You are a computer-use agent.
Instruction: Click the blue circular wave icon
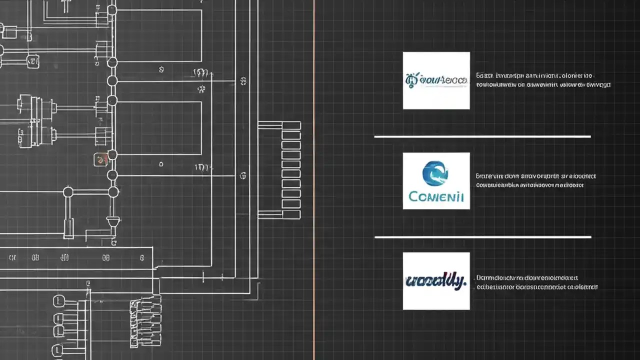coord(435,173)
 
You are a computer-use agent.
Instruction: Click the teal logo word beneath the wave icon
coord(436,196)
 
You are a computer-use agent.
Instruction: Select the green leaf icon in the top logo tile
coord(411,79)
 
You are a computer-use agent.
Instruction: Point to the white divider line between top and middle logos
coord(482,136)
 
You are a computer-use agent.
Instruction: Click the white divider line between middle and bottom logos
coord(482,237)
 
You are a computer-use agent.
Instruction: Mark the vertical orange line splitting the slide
coord(314,180)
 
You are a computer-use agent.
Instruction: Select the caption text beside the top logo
coord(543,80)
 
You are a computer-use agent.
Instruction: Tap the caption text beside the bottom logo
coord(537,282)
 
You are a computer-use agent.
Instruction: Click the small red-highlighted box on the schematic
coord(100,160)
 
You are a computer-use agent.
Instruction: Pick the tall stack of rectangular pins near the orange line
coord(291,170)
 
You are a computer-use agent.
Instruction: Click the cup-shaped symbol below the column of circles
coord(113,221)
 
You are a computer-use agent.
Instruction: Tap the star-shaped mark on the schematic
coord(201,90)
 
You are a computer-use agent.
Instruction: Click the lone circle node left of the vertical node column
coord(68,192)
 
